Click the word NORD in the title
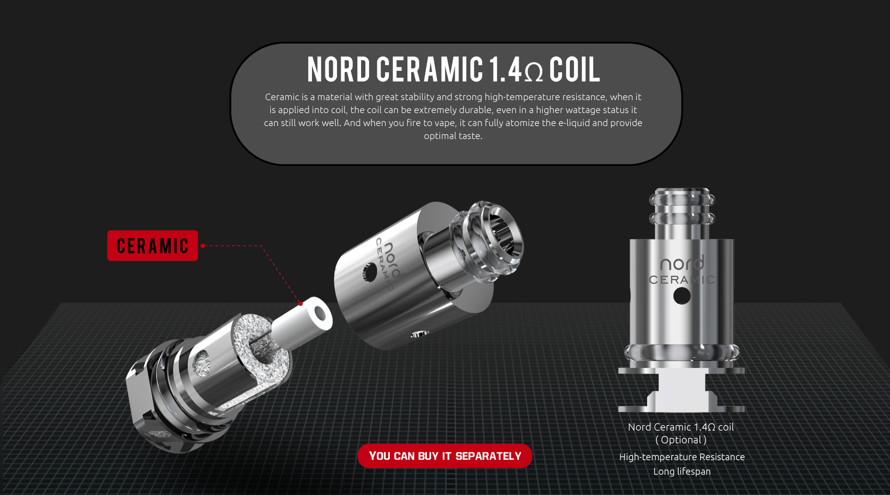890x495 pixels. tap(338, 70)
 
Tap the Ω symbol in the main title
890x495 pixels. tap(534, 72)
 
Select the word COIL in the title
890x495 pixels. tap(574, 70)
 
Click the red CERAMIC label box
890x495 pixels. tap(153, 246)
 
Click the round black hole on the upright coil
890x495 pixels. tap(681, 296)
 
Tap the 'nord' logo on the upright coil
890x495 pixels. tap(681, 263)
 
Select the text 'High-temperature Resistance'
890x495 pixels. tap(682, 457)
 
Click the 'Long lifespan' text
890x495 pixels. tap(682, 471)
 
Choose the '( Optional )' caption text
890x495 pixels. tap(681, 440)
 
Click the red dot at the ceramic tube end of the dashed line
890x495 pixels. tap(300, 304)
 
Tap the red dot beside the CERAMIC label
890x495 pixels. tap(203, 246)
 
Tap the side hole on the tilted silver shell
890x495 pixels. tap(370, 272)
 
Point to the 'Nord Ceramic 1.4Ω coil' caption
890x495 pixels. tap(681, 427)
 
